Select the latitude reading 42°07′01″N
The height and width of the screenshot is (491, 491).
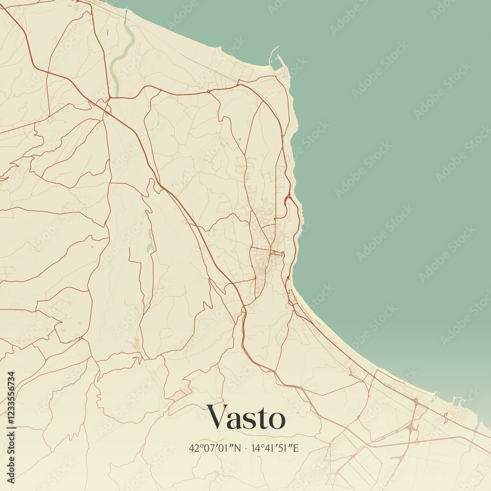pos(215,448)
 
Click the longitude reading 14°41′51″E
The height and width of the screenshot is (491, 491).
pos(275,448)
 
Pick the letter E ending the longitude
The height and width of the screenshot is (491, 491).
pos(296,448)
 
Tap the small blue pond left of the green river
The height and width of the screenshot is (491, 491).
pos(107,32)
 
